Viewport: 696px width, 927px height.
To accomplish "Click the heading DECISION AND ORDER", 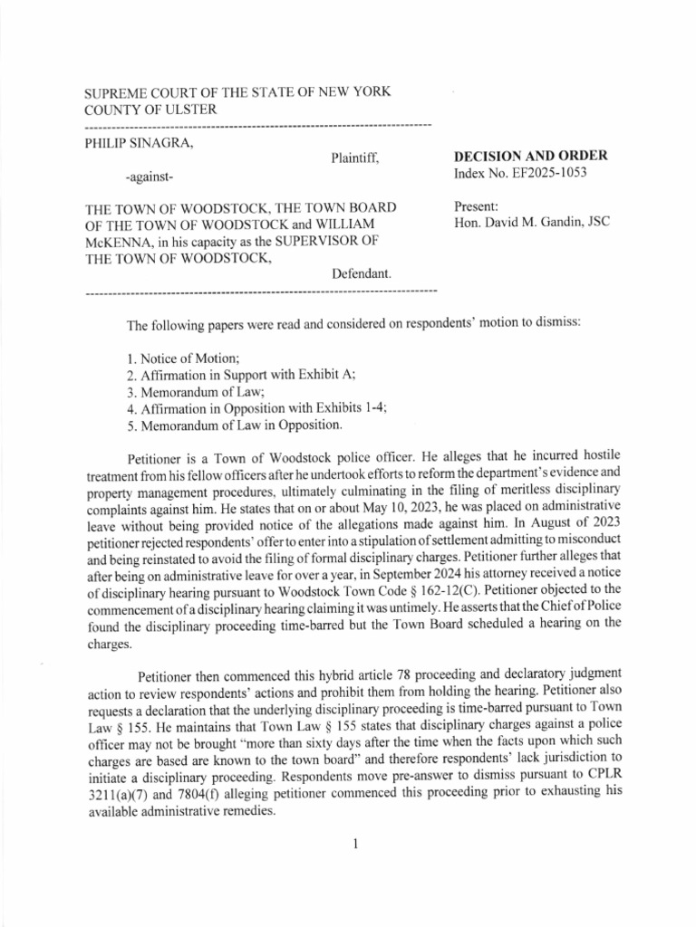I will (x=530, y=156).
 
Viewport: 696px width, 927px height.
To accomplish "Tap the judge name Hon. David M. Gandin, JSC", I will (x=530, y=223).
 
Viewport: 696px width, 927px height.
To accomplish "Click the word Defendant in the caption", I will (x=361, y=273).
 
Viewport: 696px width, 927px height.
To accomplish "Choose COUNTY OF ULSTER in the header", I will (x=150, y=110).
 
